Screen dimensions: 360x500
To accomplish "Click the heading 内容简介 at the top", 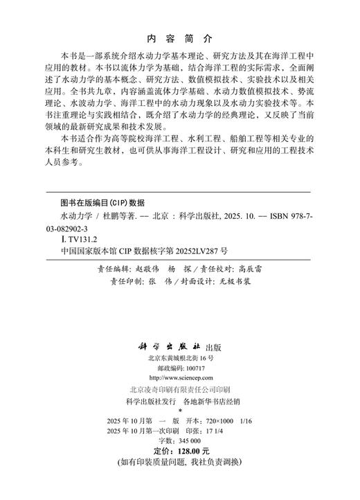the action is (x=181, y=37).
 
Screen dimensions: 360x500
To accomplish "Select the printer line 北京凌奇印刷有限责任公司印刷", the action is (x=180, y=390).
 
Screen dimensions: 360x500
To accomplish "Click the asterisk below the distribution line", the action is (x=179, y=410).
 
